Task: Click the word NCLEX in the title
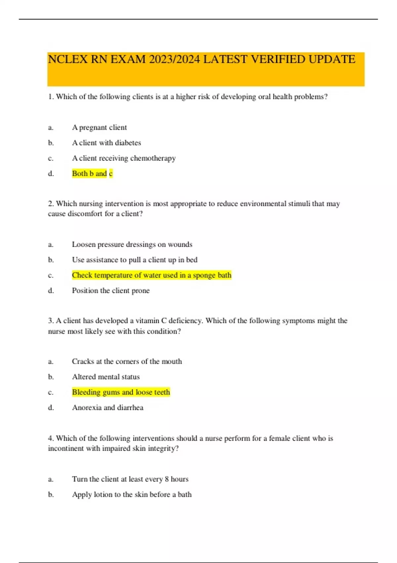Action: coord(68,59)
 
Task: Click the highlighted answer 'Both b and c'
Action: coord(92,174)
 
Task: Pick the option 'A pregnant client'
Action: coord(99,128)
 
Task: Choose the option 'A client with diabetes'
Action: coord(107,143)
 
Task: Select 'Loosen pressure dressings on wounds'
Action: coord(132,244)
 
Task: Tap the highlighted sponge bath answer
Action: coord(152,275)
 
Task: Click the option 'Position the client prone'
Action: coord(111,291)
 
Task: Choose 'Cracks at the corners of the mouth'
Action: coord(127,361)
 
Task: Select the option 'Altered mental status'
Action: coord(106,377)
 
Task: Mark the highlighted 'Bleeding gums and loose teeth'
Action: coord(121,392)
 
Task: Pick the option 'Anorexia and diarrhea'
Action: coord(108,408)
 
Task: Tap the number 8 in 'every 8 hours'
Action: coord(167,479)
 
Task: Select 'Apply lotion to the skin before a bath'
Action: coord(132,494)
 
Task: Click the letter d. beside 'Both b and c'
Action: coord(51,174)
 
